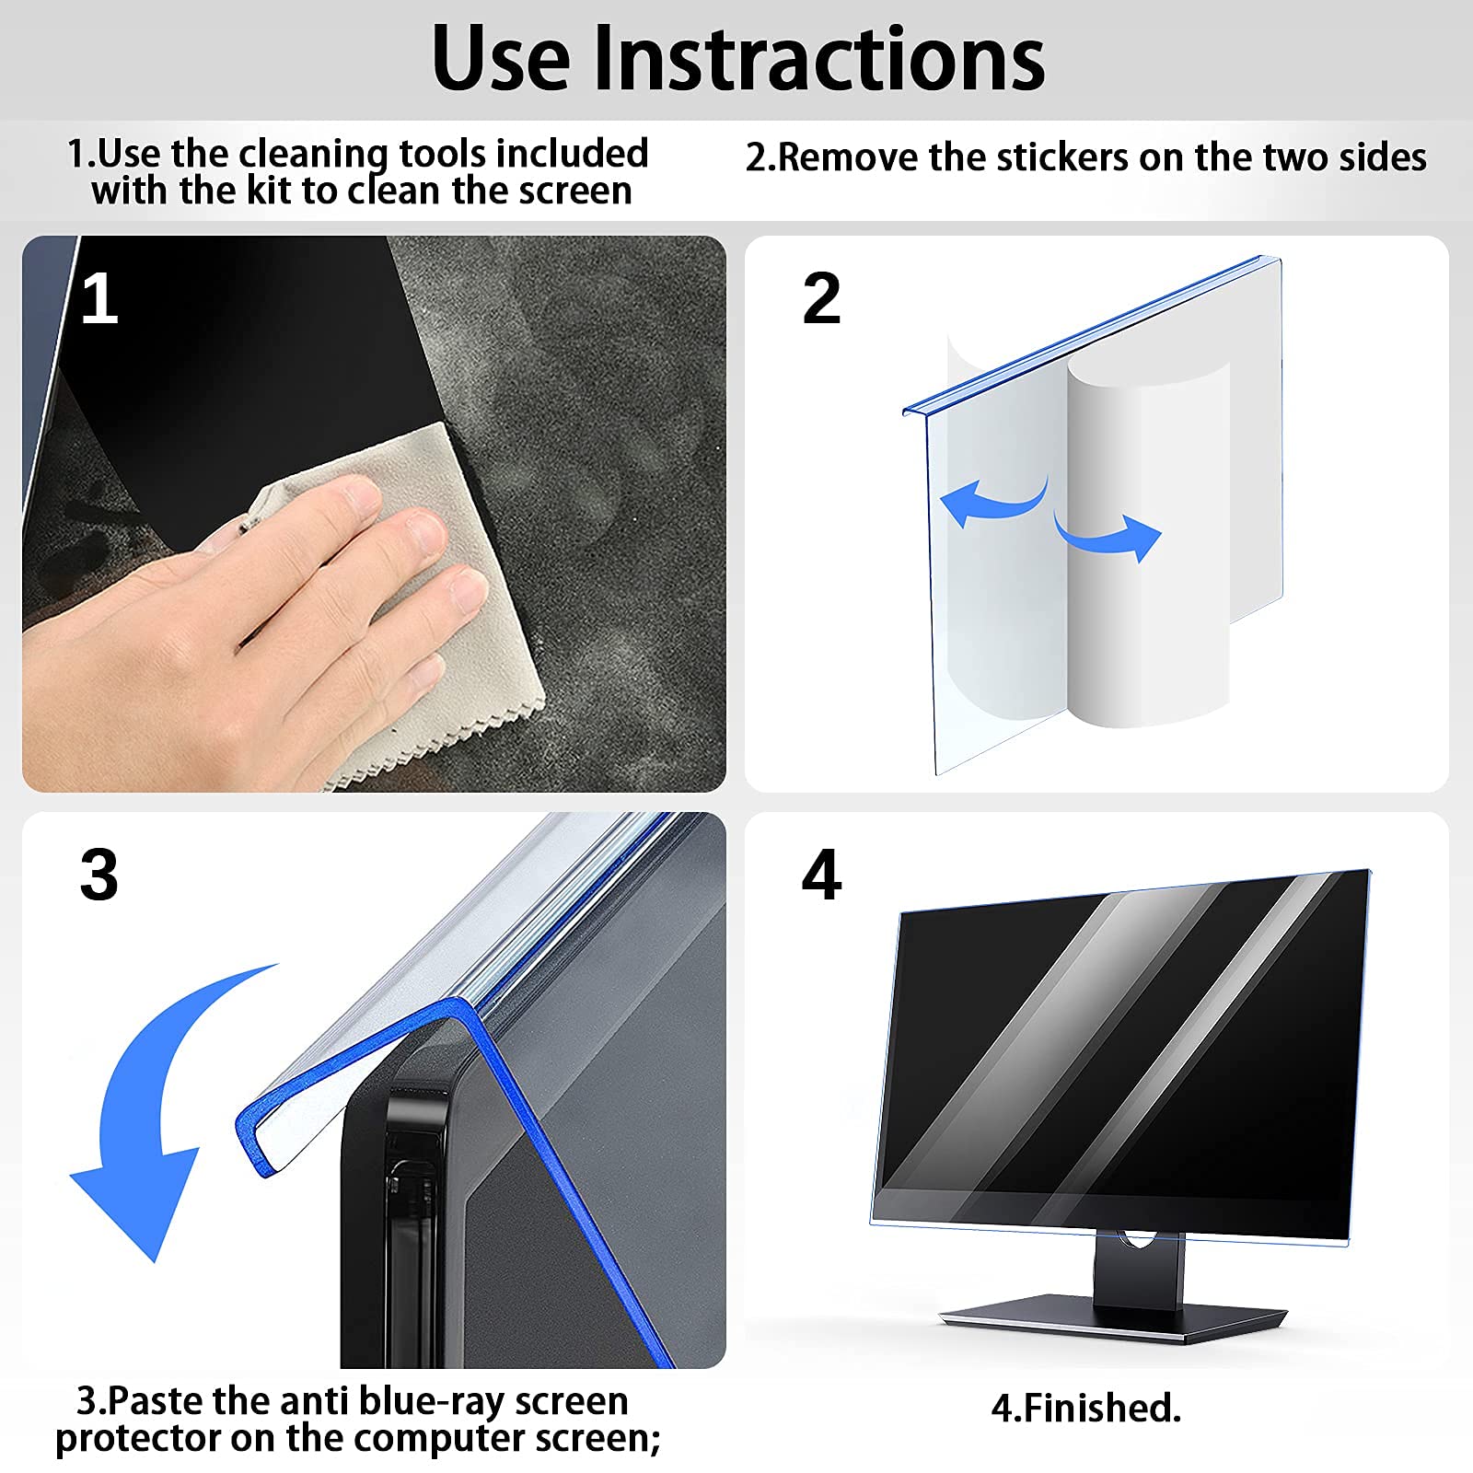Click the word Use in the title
[x=501, y=59]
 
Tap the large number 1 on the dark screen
[x=99, y=299]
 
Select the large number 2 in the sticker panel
[x=821, y=299]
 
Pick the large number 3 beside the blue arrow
[x=99, y=875]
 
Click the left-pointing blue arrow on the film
[x=990, y=502]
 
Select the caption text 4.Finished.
[x=1085, y=1408]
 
